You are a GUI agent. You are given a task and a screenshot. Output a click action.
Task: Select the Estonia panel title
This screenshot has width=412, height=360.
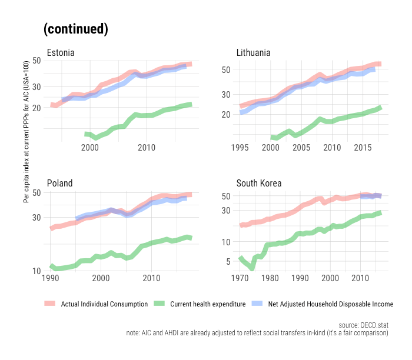pos(61,53)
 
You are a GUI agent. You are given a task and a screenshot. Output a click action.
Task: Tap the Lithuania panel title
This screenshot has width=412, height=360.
pos(253,53)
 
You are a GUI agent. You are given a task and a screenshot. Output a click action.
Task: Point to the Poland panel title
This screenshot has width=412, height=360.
pos(59,183)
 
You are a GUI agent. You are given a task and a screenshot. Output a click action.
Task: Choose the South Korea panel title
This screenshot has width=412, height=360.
pos(259,183)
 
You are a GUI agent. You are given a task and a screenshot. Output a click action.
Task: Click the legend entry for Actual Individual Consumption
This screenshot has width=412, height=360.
pos(104,304)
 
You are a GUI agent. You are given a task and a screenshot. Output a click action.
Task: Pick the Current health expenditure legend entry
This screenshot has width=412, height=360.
pos(207,304)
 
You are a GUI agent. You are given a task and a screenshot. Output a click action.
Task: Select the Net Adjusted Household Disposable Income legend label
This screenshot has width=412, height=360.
pos(330,304)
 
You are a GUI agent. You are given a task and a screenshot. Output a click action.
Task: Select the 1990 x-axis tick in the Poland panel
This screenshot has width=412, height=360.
pos(51,277)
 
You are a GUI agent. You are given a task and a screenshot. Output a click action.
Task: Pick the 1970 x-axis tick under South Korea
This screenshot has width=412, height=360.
pos(240,277)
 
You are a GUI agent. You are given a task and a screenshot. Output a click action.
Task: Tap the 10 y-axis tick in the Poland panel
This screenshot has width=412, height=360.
pos(36,271)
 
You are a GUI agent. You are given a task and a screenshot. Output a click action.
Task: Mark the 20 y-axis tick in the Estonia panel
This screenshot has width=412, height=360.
pos(36,108)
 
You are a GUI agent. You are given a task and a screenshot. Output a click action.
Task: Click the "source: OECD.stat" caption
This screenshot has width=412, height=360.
pos(364,325)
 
